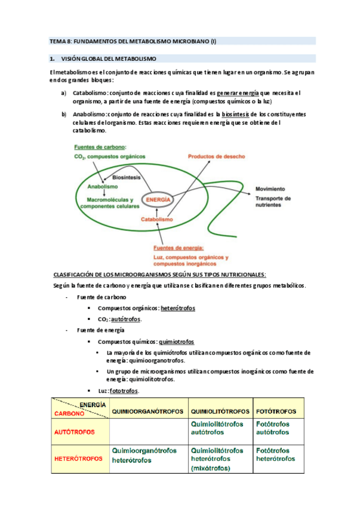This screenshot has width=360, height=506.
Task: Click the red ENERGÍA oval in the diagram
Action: click(x=158, y=200)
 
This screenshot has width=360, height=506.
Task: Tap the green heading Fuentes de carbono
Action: click(x=100, y=147)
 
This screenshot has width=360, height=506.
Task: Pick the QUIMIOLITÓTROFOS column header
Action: click(x=220, y=411)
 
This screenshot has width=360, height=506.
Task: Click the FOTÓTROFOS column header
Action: click(x=276, y=411)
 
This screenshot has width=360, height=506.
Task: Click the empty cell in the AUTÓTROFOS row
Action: click(x=147, y=431)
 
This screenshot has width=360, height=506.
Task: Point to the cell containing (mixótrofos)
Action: click(x=220, y=459)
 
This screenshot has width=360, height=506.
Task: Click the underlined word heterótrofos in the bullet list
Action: click(x=178, y=308)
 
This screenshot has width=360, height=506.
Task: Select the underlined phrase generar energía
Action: click(x=238, y=92)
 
